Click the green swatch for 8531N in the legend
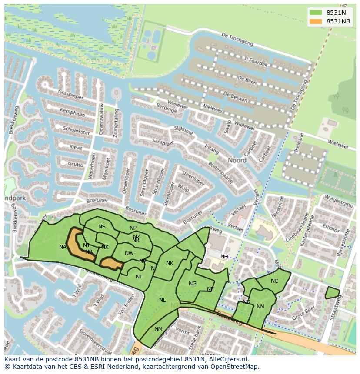316,13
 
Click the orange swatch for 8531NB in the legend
316,21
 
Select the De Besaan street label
235,97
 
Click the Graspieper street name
71,94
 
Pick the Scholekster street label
76,130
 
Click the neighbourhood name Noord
237,160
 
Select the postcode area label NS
102,226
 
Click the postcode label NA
63,247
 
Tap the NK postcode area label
170,263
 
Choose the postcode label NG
193,283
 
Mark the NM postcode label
158,329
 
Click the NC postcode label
274,281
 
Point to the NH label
224,256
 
